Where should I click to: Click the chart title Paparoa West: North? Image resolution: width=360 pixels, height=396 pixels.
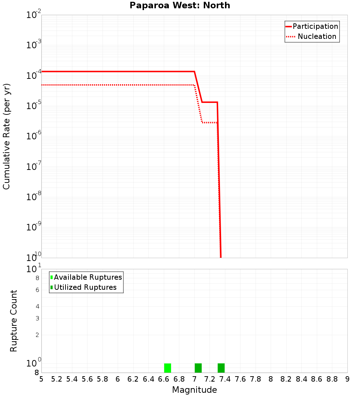180,5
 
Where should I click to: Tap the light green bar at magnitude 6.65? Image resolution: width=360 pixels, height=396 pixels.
167,368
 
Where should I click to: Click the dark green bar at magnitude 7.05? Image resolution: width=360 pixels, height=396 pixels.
198,368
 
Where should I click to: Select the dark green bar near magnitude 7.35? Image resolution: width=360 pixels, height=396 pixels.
221,368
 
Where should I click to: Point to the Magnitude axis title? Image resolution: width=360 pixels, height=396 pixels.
194,390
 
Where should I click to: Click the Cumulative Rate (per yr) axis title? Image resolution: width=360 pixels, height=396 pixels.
6,136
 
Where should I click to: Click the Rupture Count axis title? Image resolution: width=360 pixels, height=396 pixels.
14,321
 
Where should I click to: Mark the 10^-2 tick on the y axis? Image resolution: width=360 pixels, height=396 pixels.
34,15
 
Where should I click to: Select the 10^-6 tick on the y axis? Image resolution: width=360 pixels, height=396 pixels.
34,136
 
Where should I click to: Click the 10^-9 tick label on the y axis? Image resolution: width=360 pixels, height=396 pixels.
34,228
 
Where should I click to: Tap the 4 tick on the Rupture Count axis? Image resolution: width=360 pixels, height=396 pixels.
37,306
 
